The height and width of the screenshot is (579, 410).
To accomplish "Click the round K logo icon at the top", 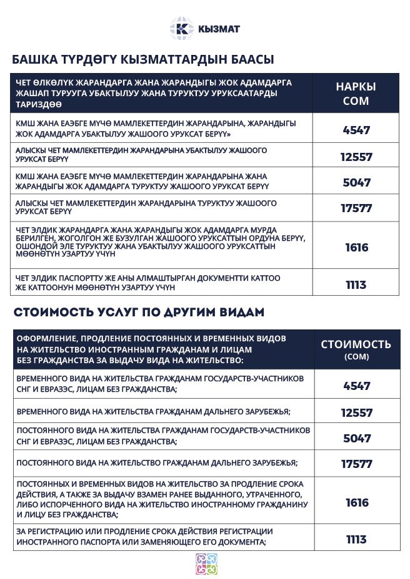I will pos(181,29).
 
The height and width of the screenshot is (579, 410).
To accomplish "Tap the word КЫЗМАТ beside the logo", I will pos(219,29).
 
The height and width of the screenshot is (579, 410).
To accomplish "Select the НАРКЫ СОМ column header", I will pos(356,93).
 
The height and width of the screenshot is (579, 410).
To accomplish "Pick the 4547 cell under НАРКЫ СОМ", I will pos(356,130).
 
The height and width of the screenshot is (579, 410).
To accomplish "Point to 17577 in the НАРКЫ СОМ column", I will pos(356,209).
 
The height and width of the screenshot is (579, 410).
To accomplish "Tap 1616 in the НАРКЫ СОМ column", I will pos(356,247).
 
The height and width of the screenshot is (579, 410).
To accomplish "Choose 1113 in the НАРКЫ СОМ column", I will pos(356,285).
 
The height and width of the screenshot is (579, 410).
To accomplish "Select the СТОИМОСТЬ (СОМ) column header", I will pos(356,348).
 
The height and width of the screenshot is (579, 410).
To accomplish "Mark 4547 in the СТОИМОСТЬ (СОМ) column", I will pos(356,386).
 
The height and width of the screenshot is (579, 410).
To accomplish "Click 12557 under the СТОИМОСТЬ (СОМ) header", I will pos(356,412).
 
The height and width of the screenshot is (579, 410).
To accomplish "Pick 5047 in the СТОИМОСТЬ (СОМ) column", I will pos(356,438).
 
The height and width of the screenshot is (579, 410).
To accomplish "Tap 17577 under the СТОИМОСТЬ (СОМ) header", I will pos(356,464).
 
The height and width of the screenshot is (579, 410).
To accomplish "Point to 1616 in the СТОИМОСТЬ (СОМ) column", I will pos(356,503).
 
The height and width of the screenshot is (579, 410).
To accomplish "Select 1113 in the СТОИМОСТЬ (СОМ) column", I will pos(356,540).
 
